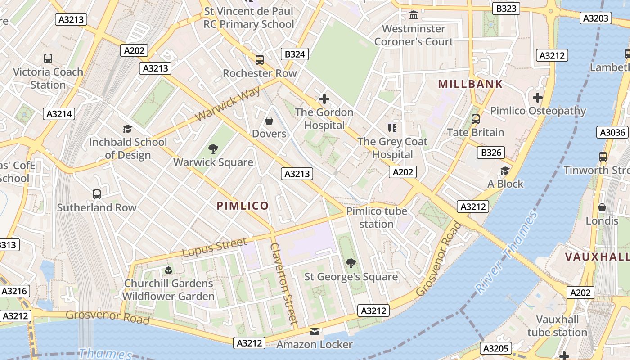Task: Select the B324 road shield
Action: [295, 54]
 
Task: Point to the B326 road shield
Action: [491, 153]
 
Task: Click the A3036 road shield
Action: [612, 132]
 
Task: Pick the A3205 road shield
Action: [495, 348]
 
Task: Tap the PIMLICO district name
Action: [243, 206]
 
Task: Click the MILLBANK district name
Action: [470, 84]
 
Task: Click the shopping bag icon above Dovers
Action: [269, 121]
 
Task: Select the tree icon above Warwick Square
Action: [213, 148]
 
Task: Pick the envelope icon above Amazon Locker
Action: [315, 332]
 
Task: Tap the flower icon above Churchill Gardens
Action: [168, 270]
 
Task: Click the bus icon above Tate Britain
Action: [475, 119]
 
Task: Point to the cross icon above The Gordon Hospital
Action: [324, 99]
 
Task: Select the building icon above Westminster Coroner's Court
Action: [414, 16]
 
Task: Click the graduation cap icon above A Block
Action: [505, 171]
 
